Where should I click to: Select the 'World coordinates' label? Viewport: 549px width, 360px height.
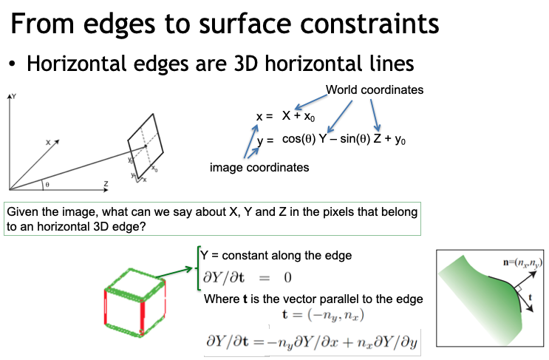(374, 90)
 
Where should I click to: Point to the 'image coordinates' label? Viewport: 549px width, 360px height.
(259, 168)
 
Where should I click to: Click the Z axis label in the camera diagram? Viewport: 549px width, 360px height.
(106, 183)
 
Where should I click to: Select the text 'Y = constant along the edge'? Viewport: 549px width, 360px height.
(276, 255)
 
